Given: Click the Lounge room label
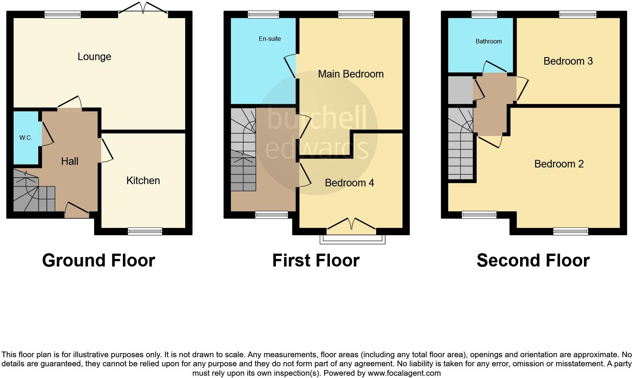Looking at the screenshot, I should (x=94, y=57).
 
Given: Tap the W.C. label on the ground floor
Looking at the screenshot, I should (x=26, y=138).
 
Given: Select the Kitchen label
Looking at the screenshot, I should (x=143, y=181).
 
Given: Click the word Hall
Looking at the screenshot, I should (x=70, y=161).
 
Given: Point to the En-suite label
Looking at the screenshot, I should (x=270, y=39).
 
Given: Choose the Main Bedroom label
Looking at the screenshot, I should (x=350, y=74).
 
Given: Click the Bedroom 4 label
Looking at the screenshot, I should (x=349, y=183).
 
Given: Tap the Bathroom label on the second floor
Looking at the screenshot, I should (x=488, y=42).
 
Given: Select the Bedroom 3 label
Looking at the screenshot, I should (x=568, y=61).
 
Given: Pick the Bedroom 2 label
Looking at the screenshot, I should (x=559, y=164).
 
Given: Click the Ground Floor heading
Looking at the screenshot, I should (x=99, y=260).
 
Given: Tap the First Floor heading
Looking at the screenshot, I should (x=316, y=260).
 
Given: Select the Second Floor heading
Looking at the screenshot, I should (x=533, y=260).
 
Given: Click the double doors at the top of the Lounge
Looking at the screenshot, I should (x=143, y=11).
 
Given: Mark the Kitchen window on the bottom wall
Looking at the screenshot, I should (x=145, y=231).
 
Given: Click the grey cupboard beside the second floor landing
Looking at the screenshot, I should (x=460, y=90).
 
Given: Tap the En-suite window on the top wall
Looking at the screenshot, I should (x=263, y=15).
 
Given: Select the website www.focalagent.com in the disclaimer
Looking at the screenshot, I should (x=404, y=373).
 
